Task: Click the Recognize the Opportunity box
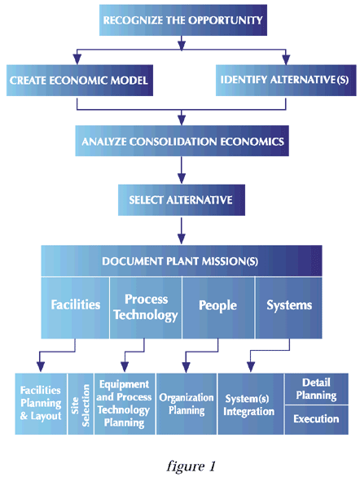click(x=183, y=20)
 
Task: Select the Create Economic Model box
click(x=80, y=81)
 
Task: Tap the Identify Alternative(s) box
click(x=286, y=81)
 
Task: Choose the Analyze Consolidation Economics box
click(x=182, y=141)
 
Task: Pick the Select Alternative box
click(x=182, y=200)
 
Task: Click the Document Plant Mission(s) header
click(x=182, y=260)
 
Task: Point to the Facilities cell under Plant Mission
click(x=75, y=308)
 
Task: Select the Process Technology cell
click(x=146, y=308)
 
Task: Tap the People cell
click(x=218, y=308)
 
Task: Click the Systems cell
click(x=288, y=308)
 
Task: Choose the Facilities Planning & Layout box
click(x=41, y=404)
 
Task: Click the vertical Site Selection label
click(x=81, y=405)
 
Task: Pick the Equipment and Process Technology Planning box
click(x=125, y=404)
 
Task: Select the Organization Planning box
click(x=187, y=404)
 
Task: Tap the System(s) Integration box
click(x=251, y=404)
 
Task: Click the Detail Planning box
click(x=317, y=389)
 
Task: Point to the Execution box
click(x=317, y=420)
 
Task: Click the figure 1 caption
click(x=191, y=466)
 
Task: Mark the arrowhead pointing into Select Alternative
click(x=182, y=178)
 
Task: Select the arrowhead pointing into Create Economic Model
click(x=77, y=59)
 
